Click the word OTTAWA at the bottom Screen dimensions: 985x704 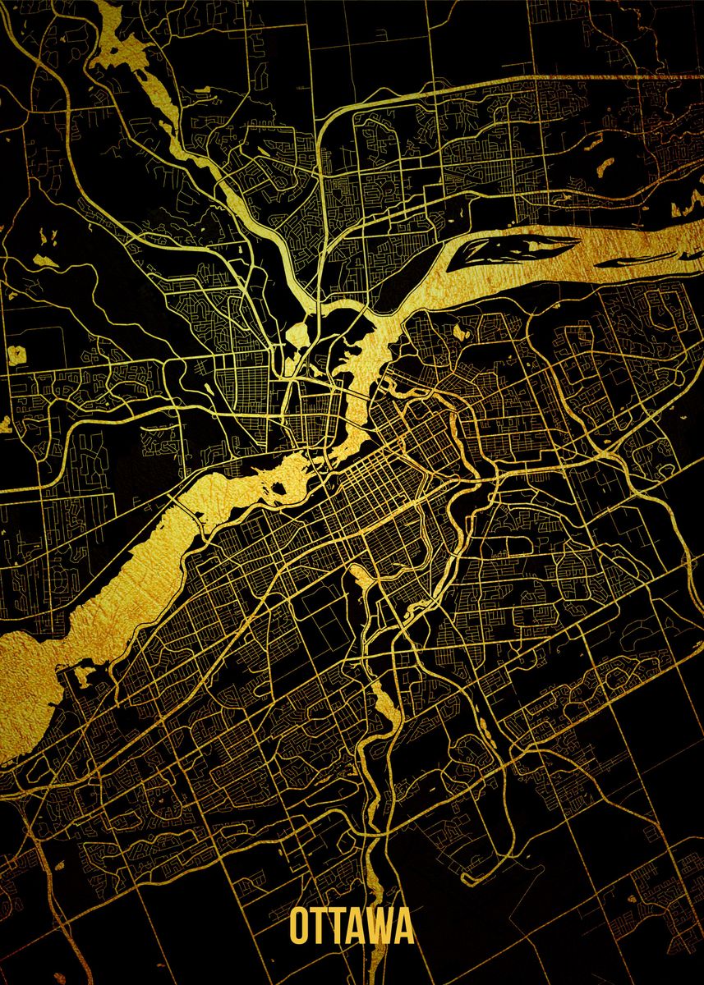[x=352, y=928]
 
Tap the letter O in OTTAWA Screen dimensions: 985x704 [x=300, y=928]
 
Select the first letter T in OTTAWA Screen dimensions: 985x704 [x=320, y=928]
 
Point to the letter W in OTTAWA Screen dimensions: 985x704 [x=380, y=928]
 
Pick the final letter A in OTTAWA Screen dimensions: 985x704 [x=403, y=928]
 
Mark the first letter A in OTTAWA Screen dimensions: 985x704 [x=357, y=928]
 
